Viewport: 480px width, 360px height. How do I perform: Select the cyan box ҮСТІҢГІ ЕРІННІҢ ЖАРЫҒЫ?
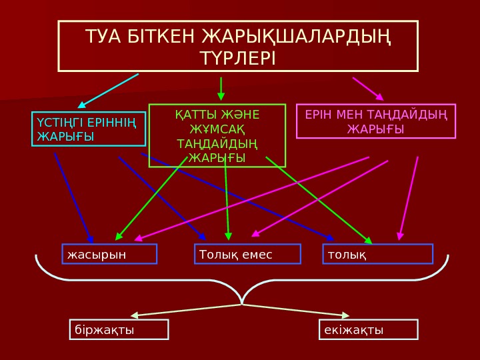pyautogui.click(x=89, y=129)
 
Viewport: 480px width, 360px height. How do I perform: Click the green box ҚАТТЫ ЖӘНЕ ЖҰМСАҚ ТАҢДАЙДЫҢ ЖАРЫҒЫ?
pyautogui.click(x=217, y=135)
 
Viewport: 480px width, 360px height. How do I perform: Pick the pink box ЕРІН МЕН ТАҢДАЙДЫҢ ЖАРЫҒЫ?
pyautogui.click(x=376, y=121)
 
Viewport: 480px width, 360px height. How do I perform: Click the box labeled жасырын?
pyautogui.click(x=109, y=254)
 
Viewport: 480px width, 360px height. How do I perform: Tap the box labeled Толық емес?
pyautogui.click(x=247, y=254)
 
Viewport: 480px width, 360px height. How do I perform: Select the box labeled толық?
pyautogui.click(x=378, y=254)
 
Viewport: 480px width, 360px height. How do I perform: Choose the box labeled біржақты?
pyautogui.click(x=119, y=330)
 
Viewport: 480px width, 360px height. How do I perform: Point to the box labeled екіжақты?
pyautogui.click(x=369, y=330)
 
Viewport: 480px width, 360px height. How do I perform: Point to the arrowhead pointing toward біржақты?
pyautogui.click(x=135, y=315)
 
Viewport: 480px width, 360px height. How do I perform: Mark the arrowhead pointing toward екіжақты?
pyautogui.click(x=345, y=315)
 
